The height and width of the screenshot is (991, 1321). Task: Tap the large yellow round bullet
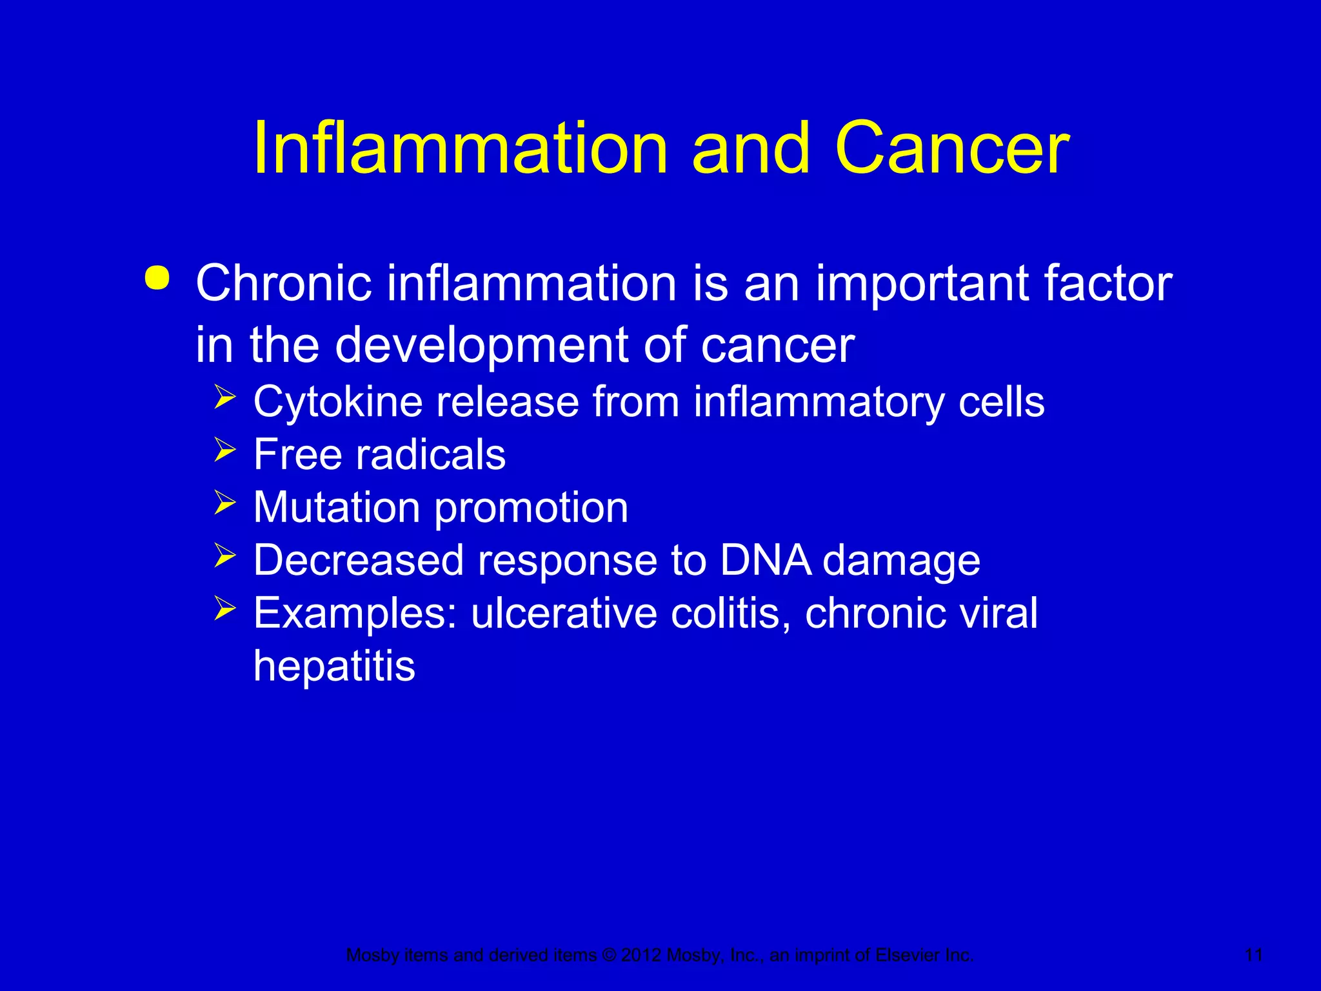pyautogui.click(x=157, y=279)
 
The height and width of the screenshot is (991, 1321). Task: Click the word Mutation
pyautogui.click(x=336, y=507)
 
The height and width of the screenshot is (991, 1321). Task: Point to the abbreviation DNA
pyautogui.click(x=765, y=559)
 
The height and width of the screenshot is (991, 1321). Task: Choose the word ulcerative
pyautogui.click(x=564, y=613)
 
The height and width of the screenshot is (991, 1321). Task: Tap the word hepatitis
pyautogui.click(x=333, y=666)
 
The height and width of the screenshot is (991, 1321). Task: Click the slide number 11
pyautogui.click(x=1253, y=955)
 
